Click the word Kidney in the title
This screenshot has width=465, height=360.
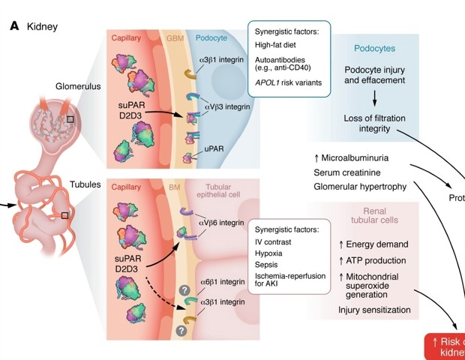click(x=42, y=27)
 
